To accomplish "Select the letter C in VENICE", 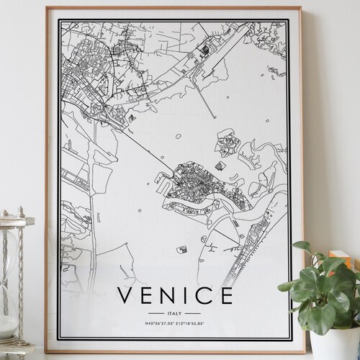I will (x=201, y=297).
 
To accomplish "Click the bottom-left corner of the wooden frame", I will (x=47, y=350).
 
